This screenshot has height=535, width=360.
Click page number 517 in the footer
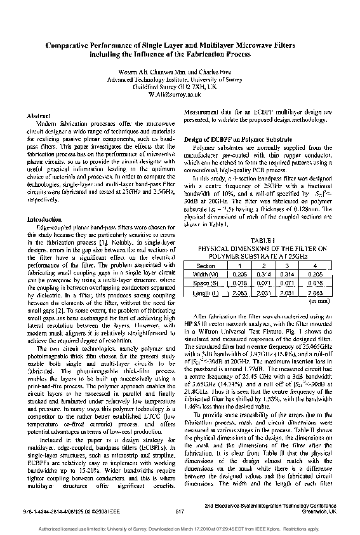(179, 510)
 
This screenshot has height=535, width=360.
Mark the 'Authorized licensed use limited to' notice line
(180, 527)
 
